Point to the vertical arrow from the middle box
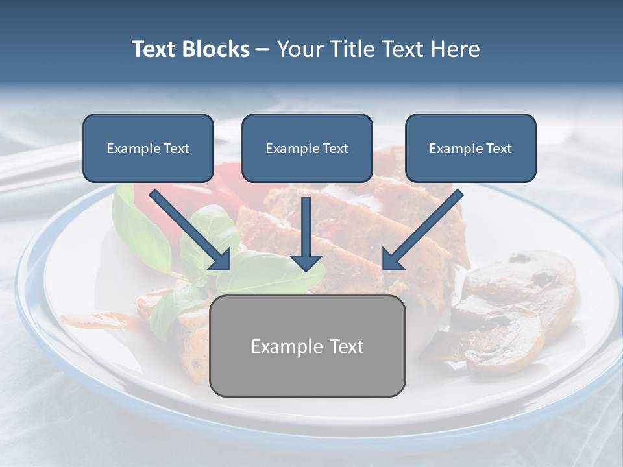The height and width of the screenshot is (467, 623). (306, 227)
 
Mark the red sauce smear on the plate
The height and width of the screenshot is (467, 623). (104, 319)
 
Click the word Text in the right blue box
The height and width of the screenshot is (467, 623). (498, 149)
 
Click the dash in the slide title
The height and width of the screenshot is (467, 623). (263, 50)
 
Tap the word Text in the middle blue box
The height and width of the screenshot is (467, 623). (335, 149)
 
